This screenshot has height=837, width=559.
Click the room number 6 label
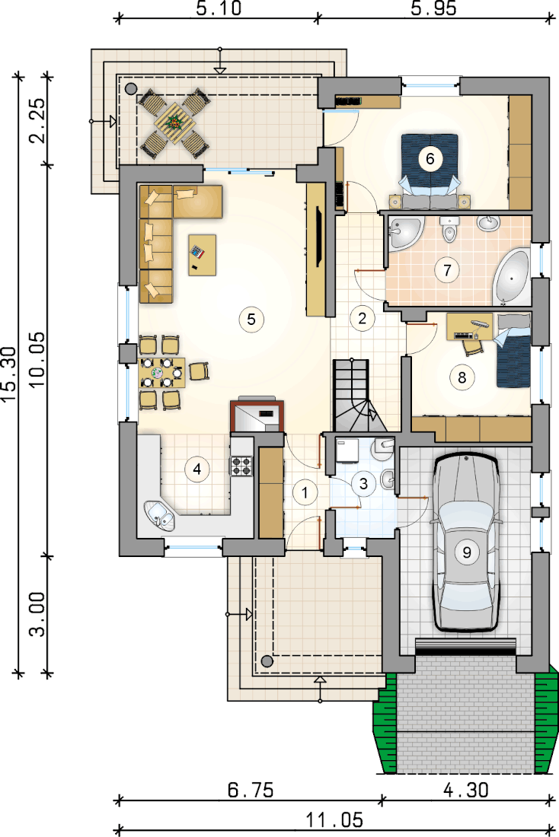[431, 158]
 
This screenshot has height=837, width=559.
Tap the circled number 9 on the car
[467, 552]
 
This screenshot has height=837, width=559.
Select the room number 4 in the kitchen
[197, 469]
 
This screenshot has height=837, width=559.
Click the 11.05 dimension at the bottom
[334, 820]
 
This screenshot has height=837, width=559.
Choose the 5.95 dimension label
[434, 8]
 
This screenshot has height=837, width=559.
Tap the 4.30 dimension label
[466, 790]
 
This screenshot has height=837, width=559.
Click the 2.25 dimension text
[37, 121]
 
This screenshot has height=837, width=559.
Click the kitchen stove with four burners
[241, 465]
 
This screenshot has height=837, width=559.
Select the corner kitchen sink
[161, 516]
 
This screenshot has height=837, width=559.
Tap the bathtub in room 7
[512, 277]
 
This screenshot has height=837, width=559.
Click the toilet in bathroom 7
[449, 228]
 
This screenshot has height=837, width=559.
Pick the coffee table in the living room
[202, 255]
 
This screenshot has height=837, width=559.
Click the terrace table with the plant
[174, 123]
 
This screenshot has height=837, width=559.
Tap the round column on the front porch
[267, 662]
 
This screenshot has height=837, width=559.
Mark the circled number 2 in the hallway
[362, 319]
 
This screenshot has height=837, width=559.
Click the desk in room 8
[470, 326]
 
